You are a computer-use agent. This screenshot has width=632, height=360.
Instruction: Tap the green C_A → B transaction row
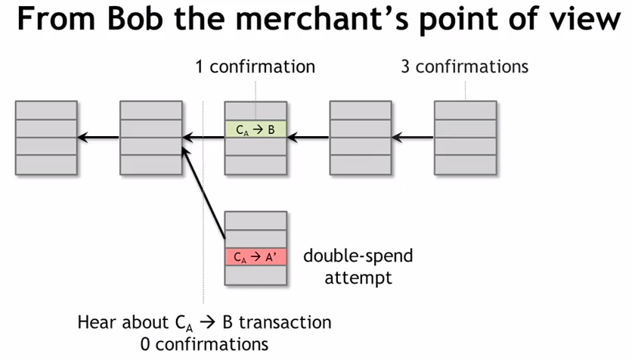coord(256,129)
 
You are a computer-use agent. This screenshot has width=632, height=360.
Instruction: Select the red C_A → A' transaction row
coord(256,257)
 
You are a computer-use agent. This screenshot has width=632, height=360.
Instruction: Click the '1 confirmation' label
coord(255,67)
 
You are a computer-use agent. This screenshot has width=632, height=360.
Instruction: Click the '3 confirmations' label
coord(464,67)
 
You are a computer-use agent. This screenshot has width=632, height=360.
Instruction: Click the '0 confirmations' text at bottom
coord(199,344)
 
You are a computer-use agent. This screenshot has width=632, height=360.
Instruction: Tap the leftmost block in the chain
coord(46,138)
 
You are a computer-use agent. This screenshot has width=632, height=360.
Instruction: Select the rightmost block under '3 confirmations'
coord(465,138)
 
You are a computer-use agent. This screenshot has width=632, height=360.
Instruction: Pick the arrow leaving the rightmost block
coord(412,138)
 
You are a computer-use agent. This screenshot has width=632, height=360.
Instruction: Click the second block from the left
coord(150,138)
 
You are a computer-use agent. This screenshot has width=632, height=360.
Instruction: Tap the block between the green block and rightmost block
coord(361,138)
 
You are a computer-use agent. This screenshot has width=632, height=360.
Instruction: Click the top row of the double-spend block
coord(256,221)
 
